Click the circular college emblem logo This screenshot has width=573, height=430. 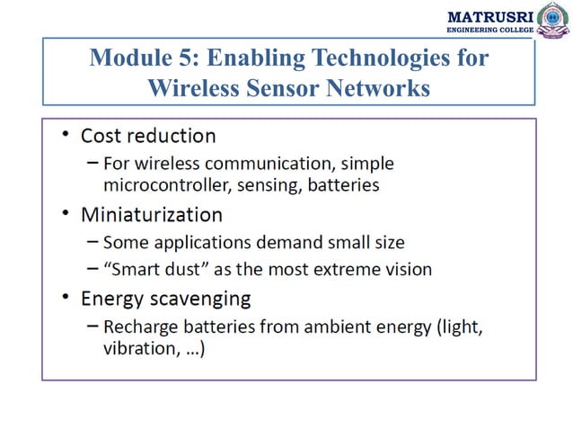[552, 19]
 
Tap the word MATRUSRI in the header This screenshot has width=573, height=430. [489, 16]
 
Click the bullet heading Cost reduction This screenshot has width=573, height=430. [148, 136]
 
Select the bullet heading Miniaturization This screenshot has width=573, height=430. [151, 215]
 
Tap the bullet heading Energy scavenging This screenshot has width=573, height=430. [165, 297]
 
